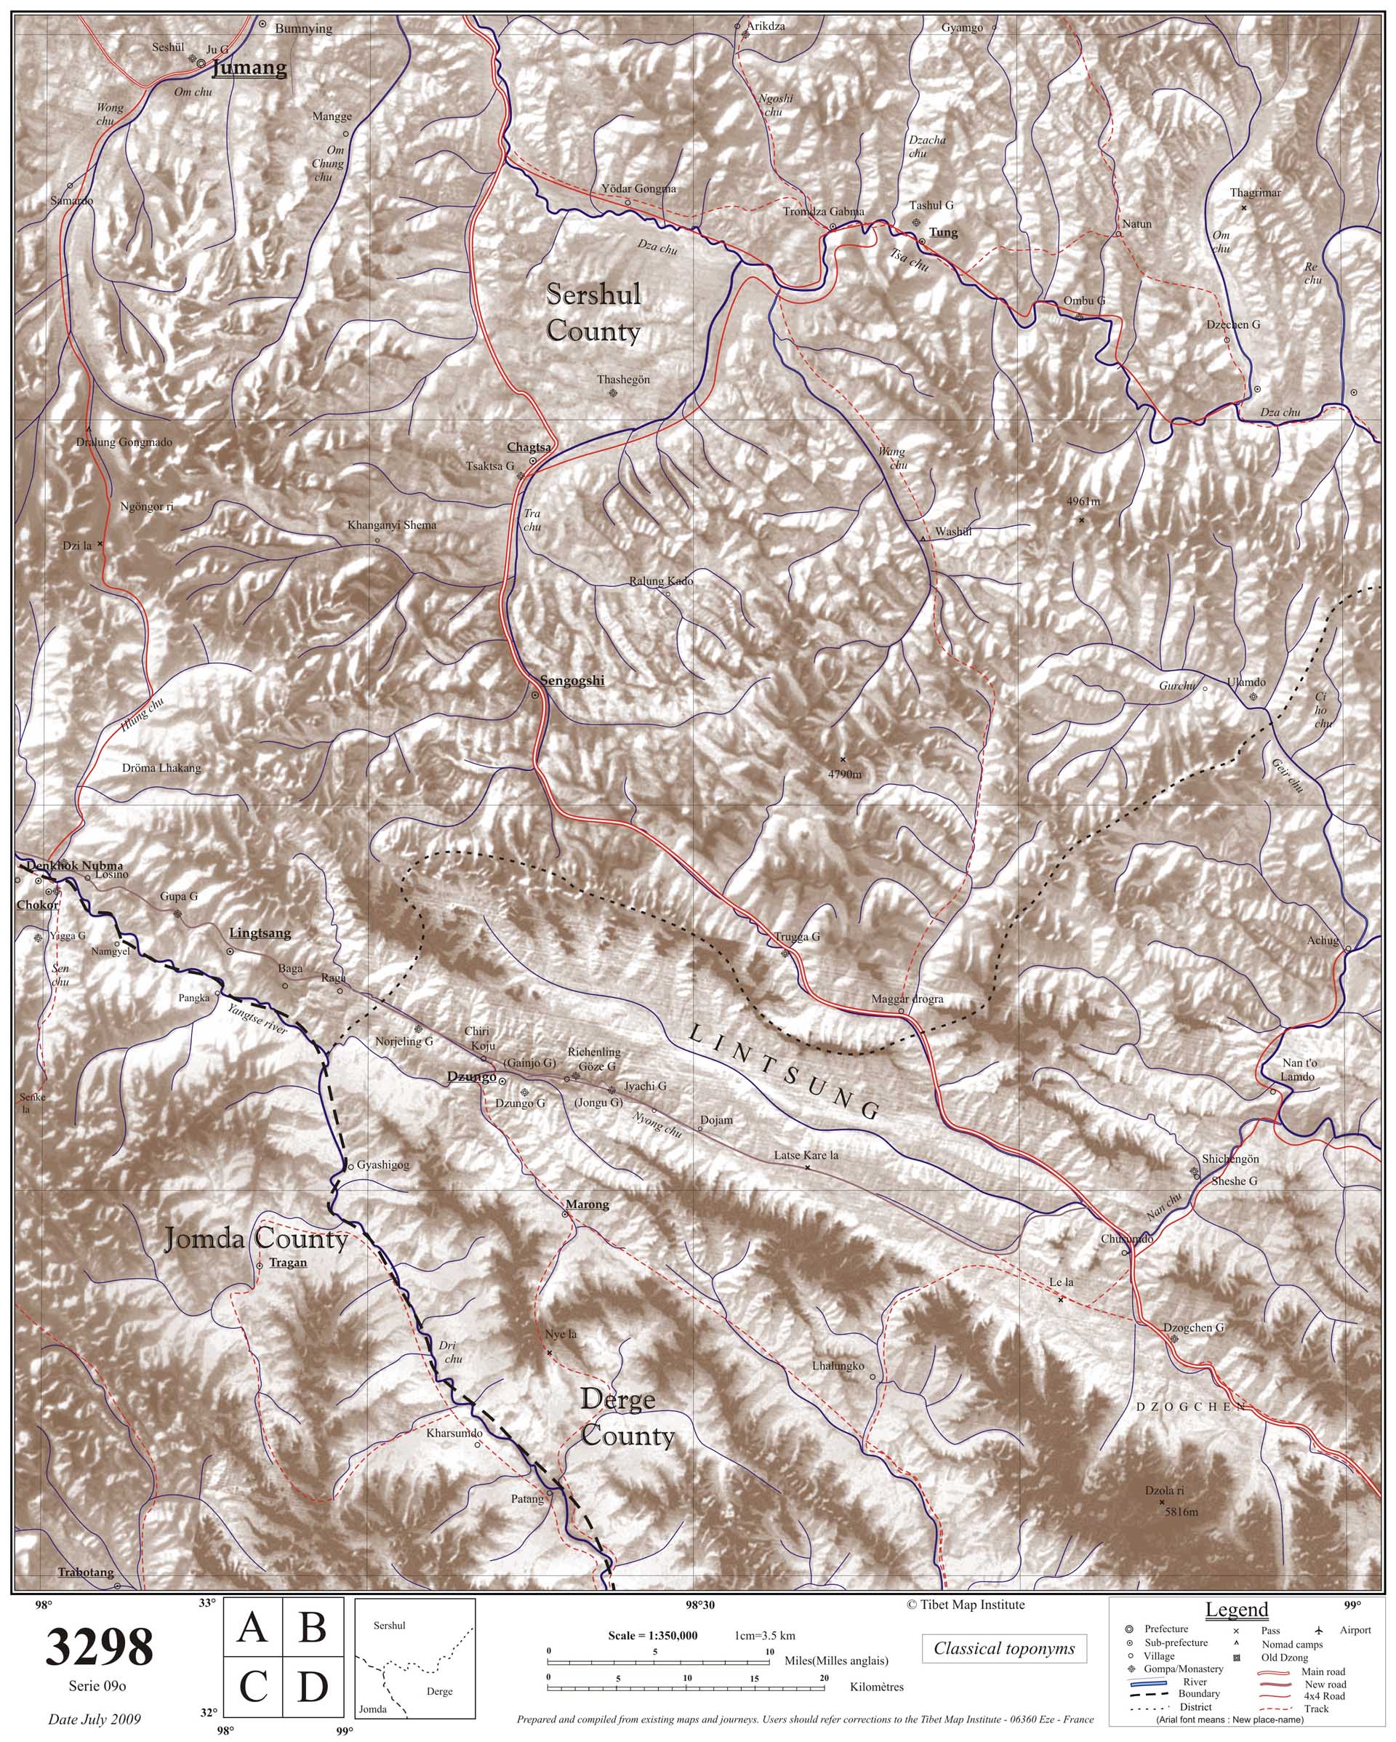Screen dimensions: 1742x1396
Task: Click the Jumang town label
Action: point(249,68)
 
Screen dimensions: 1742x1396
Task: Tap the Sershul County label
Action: point(594,313)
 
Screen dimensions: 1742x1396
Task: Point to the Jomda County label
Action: point(256,1239)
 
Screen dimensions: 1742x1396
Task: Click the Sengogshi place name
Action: point(572,680)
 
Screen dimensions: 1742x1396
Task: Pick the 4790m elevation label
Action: point(845,775)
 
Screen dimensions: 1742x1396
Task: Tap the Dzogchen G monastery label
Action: point(1193,1327)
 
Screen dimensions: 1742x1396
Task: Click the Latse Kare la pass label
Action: point(806,1156)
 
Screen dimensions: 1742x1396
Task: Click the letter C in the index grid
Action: point(253,1687)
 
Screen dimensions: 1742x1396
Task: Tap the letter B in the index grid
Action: point(313,1627)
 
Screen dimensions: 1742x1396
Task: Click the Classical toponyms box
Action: point(1004,1648)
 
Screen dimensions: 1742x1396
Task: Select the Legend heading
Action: point(1237,1610)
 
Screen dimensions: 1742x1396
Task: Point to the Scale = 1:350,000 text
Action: point(653,1635)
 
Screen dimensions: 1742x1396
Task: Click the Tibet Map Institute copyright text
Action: point(966,1605)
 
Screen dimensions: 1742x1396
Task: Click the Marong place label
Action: point(587,1204)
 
